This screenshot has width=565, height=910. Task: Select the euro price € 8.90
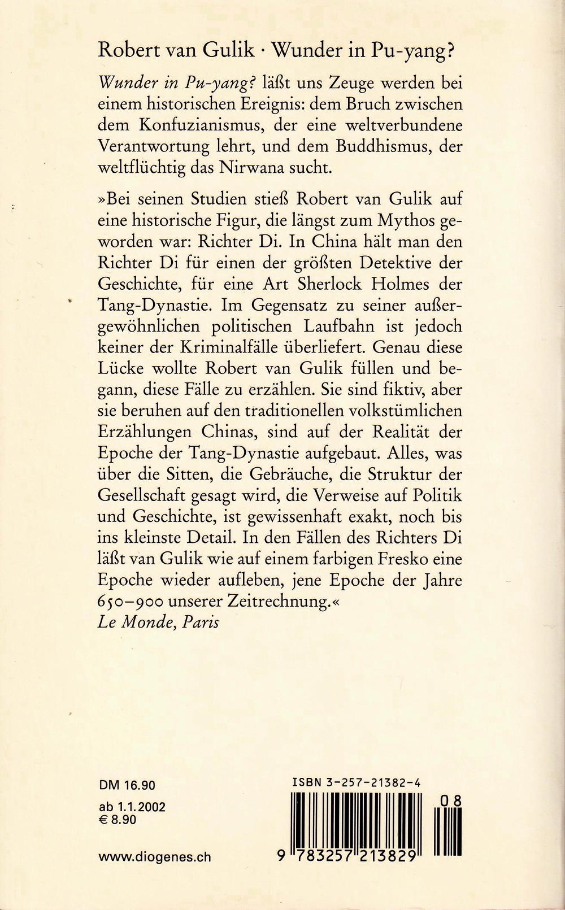pos(118,819)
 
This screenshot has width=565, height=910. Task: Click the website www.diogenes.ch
pos(154,857)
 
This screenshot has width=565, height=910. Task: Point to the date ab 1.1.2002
pos(132,807)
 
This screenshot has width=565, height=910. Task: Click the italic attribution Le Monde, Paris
pos(158,622)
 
